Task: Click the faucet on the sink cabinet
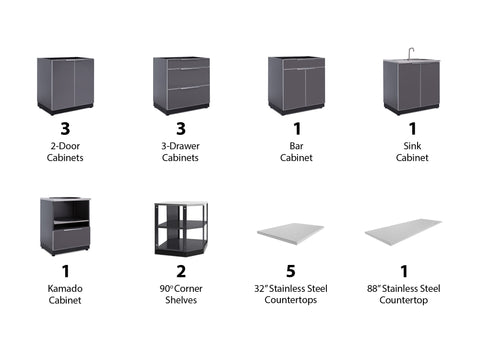411,53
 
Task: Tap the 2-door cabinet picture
65,86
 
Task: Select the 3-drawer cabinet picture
181,86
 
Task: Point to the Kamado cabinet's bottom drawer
72,239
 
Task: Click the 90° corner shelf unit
181,229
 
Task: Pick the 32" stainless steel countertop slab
290,233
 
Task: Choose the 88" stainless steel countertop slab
403,232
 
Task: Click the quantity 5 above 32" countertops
291,271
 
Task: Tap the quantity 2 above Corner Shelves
181,271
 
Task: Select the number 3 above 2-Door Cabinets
65,129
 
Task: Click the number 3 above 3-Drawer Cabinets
181,129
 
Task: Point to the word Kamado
65,288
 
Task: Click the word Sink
412,146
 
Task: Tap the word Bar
296,146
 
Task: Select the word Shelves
181,300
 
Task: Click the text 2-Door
65,146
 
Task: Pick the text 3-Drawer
180,146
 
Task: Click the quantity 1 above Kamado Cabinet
66,271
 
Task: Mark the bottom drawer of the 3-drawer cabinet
188,98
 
